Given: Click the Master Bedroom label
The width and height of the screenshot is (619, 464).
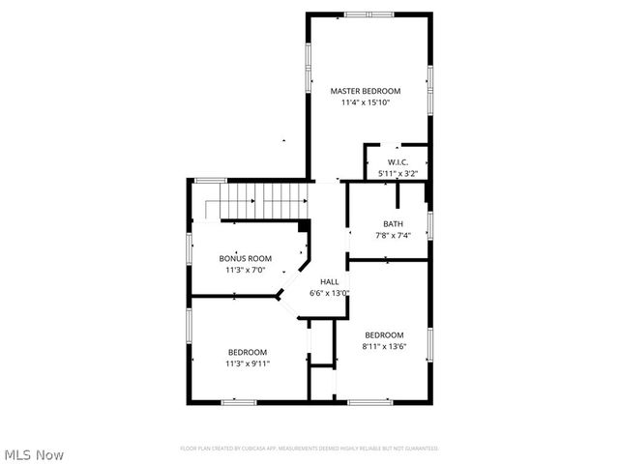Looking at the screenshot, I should [x=365, y=91].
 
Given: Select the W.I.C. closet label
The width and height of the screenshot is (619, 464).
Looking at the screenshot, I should [x=398, y=162].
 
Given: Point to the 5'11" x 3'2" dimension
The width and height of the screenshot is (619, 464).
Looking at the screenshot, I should [x=398, y=174].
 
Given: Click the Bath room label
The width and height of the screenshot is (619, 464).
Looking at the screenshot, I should [x=393, y=224].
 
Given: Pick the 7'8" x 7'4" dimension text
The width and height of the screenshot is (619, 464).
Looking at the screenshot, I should [x=393, y=236].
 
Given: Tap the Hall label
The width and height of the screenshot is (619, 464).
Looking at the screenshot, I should [x=329, y=281].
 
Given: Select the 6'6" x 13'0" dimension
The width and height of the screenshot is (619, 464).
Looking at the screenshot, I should [x=329, y=293].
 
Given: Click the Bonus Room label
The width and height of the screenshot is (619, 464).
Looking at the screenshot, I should [x=245, y=258].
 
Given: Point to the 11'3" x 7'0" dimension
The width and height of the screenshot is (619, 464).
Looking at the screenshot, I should [x=245, y=270].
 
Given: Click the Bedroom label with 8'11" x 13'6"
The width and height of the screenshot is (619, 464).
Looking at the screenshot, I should [x=383, y=334].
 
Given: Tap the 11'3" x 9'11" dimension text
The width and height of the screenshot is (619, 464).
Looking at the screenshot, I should [x=248, y=363].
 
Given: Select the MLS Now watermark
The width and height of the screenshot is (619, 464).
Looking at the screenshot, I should [x=34, y=453].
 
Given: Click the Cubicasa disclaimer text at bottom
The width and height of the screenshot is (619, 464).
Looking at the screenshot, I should [x=309, y=449].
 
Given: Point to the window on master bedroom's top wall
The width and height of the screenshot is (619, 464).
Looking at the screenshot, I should [x=369, y=14].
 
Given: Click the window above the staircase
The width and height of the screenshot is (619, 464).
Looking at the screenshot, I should [x=210, y=181].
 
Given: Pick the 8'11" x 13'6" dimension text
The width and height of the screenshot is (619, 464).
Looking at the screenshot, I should [x=383, y=346].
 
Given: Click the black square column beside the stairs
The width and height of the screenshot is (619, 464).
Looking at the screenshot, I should [x=304, y=226].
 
